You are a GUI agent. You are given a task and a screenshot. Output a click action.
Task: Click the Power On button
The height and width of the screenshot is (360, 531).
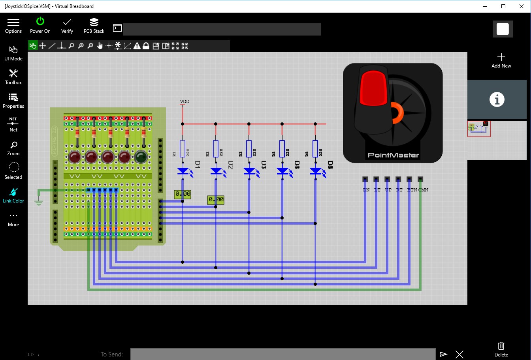pos(40,25)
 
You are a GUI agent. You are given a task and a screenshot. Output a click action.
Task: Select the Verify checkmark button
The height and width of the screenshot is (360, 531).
pos(67,25)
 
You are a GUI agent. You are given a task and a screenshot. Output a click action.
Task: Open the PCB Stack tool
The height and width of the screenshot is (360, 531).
pos(94,25)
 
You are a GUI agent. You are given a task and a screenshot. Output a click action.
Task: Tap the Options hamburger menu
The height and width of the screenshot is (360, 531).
pos(13,25)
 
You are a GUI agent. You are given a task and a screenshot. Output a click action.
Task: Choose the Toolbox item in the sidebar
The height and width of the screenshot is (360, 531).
pos(13,77)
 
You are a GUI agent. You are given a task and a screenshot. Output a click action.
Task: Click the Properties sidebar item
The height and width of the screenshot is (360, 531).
pos(13,100)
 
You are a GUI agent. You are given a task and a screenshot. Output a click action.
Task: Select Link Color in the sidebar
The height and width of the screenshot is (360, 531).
pos(13,195)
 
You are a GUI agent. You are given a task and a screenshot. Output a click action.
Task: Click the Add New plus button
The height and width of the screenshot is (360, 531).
pos(501,60)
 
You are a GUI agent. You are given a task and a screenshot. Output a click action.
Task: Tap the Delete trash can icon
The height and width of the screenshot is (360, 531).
pos(501,348)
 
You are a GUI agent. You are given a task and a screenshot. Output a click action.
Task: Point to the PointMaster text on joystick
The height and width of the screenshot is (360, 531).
pos(393,155)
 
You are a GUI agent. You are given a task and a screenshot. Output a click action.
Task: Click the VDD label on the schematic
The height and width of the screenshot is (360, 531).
pos(185,101)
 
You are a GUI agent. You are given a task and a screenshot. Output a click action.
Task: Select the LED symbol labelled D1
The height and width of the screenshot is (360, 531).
pos(183,171)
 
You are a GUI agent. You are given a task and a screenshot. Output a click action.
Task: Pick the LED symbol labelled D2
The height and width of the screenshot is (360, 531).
pos(216,171)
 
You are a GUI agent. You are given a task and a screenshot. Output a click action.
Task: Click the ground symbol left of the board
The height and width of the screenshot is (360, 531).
pos(38,202)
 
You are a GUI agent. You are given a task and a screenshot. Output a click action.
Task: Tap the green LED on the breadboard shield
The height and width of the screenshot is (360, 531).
pos(141,157)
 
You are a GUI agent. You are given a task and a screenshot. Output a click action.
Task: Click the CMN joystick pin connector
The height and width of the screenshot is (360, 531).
pos(420,179)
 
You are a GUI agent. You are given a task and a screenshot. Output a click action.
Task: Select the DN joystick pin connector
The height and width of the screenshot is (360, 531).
pos(365,179)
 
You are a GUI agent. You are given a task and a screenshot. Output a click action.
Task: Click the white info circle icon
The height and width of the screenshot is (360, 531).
pos(497,99)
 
